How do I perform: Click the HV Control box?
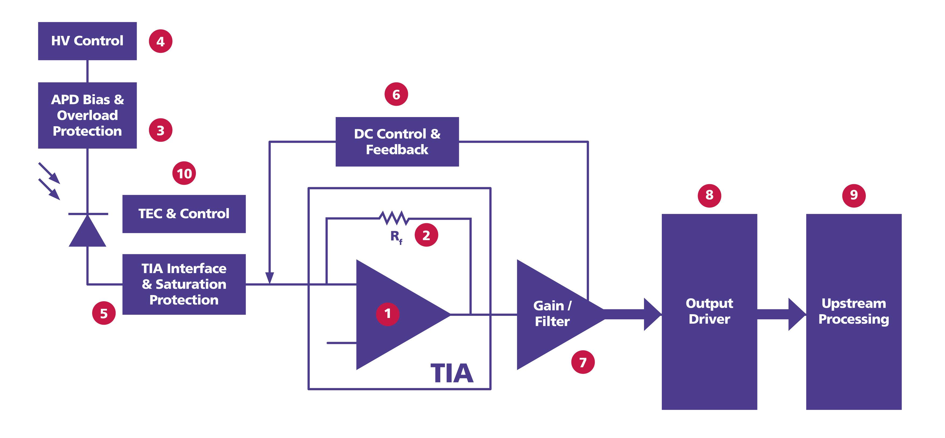[x=87, y=41]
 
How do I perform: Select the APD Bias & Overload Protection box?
[x=87, y=115]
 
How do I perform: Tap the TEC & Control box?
[x=184, y=214]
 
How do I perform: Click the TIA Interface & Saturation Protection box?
[x=184, y=284]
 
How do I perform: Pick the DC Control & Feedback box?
[x=397, y=142]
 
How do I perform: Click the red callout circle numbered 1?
[x=387, y=314]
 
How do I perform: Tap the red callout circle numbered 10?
[x=184, y=173]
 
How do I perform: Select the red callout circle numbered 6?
[x=396, y=94]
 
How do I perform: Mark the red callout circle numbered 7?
[x=583, y=362]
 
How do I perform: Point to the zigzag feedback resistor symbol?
[x=394, y=218]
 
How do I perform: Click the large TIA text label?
[x=451, y=373]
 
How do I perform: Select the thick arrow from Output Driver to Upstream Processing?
[x=781, y=314]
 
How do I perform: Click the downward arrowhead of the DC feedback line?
[x=270, y=278]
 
